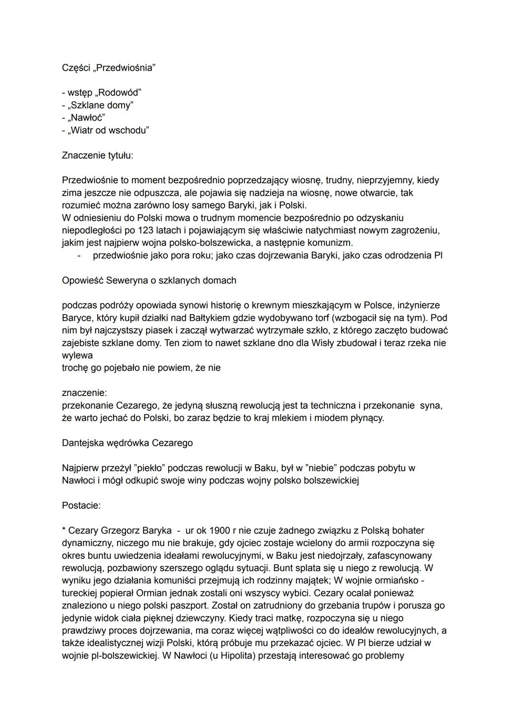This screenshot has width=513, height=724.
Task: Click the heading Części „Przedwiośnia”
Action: [108, 67]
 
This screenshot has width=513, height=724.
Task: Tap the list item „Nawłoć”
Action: [83, 117]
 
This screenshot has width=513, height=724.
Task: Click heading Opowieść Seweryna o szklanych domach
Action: [149, 280]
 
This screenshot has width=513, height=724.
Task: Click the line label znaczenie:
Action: [84, 393]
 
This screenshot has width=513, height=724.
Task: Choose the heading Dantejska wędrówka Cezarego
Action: [127, 443]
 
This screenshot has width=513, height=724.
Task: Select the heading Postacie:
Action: [81, 505]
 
